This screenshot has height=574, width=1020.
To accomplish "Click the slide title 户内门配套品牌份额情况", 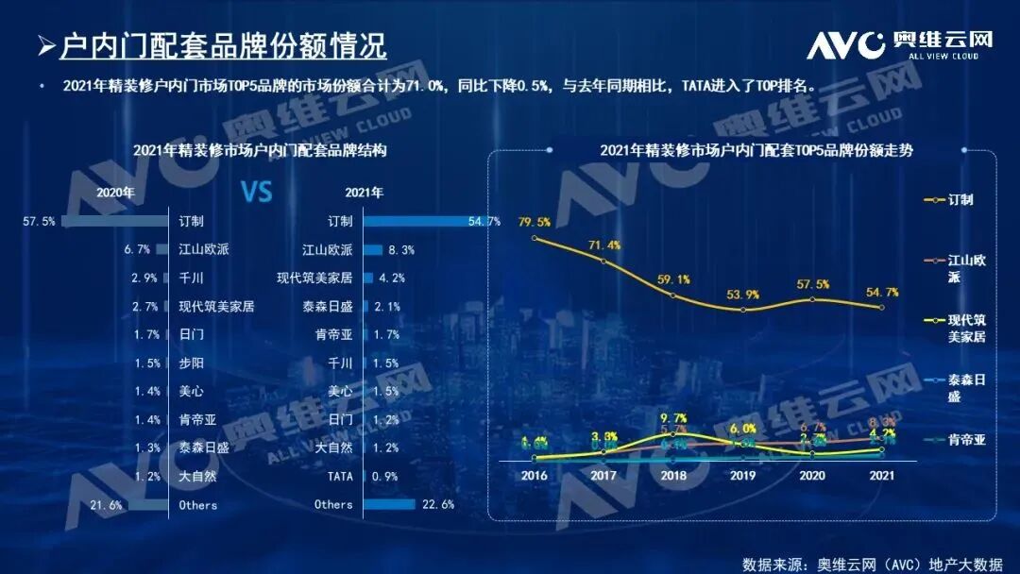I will [x=223, y=44].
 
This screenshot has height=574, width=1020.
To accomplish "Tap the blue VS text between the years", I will [x=256, y=193].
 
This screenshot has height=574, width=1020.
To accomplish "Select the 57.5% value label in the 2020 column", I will [x=39, y=221].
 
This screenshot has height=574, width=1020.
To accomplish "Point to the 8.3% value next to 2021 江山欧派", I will [x=401, y=250].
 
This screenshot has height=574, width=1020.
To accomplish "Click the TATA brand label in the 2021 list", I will [x=339, y=477].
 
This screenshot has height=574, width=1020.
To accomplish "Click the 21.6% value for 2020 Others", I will [x=105, y=505].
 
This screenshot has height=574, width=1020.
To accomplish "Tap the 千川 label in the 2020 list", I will [x=191, y=279].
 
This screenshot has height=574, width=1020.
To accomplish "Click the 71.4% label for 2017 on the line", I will [x=603, y=245].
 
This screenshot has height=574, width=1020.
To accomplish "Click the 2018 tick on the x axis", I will [x=672, y=476].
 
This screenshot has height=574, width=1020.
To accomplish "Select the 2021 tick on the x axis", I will [x=882, y=476].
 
